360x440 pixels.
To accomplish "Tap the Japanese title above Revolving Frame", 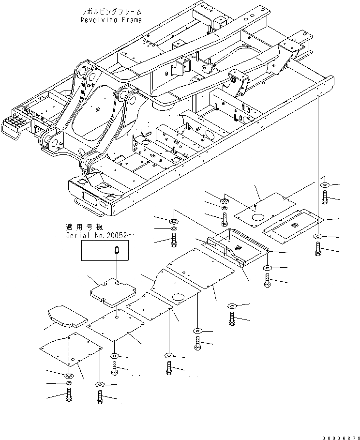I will click(x=112, y=11).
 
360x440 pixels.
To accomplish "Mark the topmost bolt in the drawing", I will click(x=337, y=197).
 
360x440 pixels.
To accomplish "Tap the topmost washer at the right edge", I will click(x=324, y=185).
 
